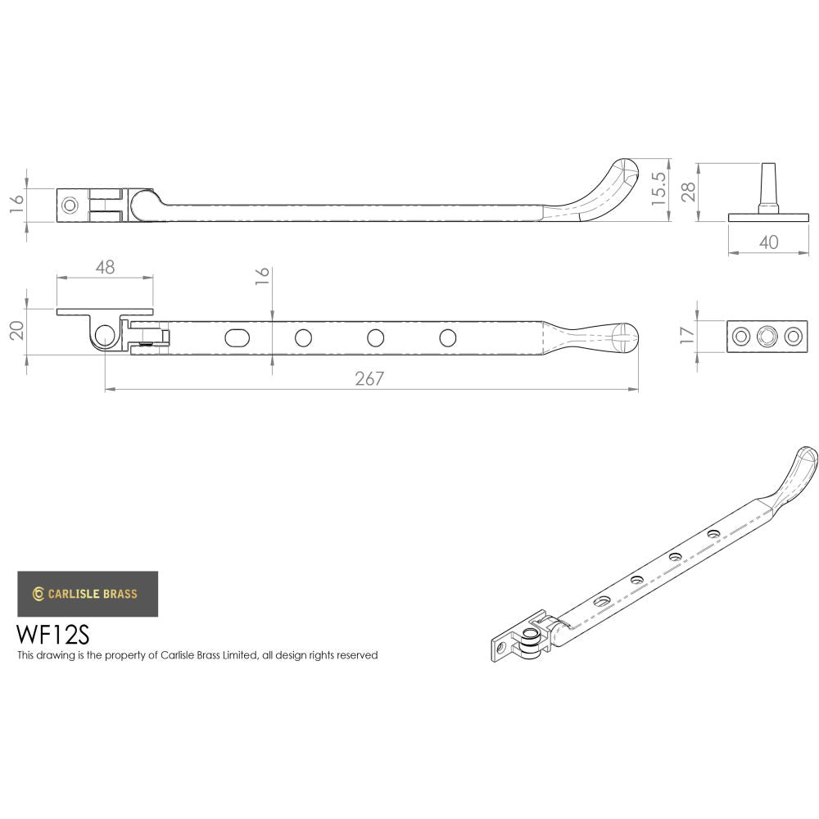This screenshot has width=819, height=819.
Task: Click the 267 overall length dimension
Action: click(x=369, y=378)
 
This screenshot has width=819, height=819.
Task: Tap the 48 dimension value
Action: click(x=105, y=266)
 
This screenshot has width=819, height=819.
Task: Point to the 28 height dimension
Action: click(x=689, y=192)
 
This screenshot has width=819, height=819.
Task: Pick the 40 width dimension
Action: click(x=768, y=242)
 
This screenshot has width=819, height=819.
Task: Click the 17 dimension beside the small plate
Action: click(x=686, y=334)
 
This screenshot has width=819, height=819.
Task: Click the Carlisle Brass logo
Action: click(x=88, y=594)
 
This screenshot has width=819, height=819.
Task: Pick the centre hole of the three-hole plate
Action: click(x=767, y=335)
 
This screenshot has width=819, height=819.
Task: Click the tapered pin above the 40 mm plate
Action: click(x=768, y=186)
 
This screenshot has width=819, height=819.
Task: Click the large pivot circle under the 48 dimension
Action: click(x=105, y=334)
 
